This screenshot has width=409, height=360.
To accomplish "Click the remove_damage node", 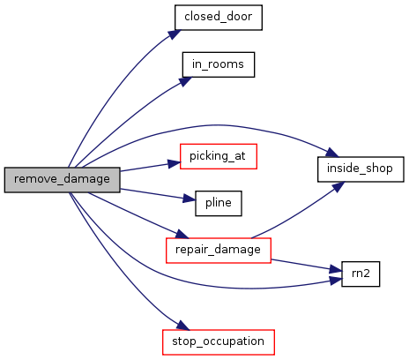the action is (62, 180).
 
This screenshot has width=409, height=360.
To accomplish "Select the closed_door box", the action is (219, 18).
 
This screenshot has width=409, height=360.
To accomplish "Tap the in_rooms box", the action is (219, 64).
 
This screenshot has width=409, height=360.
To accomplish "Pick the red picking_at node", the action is (219, 156).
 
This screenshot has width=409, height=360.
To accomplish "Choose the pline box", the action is (219, 203).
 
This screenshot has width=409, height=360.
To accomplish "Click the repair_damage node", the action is (219, 251).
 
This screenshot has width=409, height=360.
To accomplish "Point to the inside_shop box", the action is (361, 169).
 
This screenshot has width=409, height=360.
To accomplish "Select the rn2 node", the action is (361, 274).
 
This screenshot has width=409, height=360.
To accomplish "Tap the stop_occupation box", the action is (219, 342).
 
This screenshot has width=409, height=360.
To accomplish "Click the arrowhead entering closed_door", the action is (175, 34).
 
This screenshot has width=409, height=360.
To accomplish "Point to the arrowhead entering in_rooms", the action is (185, 81).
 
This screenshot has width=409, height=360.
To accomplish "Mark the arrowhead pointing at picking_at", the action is (174, 163).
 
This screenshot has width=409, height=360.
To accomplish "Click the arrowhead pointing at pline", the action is (189, 199).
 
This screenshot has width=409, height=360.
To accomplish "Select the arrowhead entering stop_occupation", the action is (183, 326).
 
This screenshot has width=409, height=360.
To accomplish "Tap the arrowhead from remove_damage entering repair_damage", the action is (182, 234).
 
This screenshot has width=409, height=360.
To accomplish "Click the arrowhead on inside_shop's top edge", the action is (332, 153).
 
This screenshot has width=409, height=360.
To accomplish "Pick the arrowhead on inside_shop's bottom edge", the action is (338, 186).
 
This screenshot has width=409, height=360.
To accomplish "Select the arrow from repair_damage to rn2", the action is (306, 265).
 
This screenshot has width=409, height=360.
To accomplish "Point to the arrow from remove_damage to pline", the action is (158, 194).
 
